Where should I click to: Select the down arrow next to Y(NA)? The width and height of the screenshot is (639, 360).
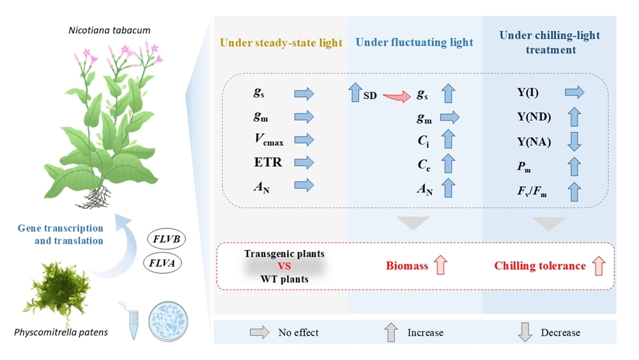coord(574,141)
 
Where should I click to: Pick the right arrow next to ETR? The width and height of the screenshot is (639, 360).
coord(304,163)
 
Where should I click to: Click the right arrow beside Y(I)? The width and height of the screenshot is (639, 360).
coord(574,94)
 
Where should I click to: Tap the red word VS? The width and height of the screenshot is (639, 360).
coord(284,266)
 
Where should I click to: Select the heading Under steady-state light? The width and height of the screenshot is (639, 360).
coord(281,43)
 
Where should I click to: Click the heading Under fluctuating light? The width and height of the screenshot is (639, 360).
coord(414,43)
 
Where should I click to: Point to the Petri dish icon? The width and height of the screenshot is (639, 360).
coord(167,322)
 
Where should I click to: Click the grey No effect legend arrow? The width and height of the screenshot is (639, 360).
coord(259,333)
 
